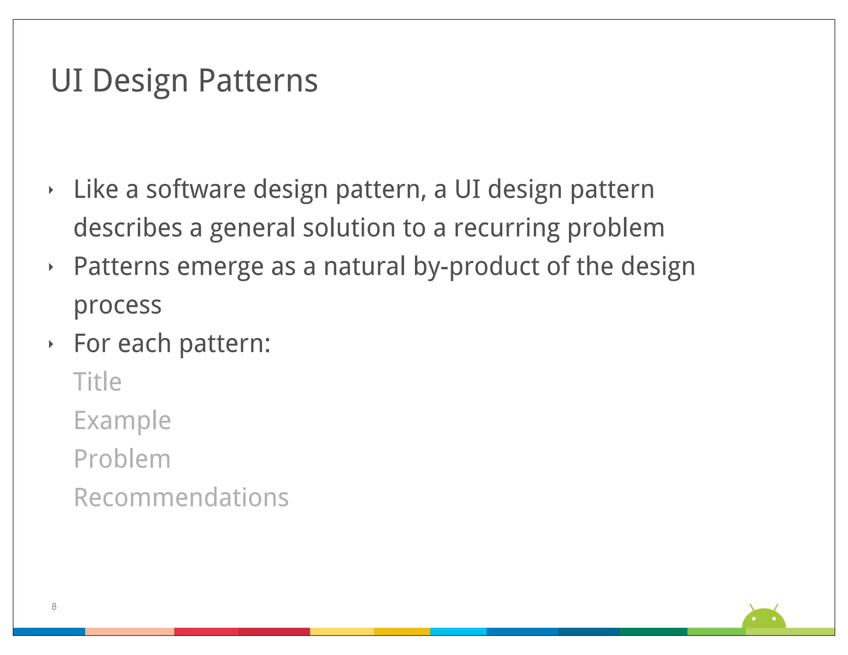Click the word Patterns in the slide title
click(258, 81)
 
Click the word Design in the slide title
click(140, 81)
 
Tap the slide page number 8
click(54, 607)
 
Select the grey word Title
click(98, 382)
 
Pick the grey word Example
click(122, 420)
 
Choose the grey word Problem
click(122, 459)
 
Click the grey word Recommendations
click(181, 497)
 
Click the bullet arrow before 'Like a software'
click(51, 190)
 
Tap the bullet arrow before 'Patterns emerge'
click(51, 267)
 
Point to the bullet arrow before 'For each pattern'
click(51, 344)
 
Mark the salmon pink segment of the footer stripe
click(129, 631)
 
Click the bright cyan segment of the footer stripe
click(458, 631)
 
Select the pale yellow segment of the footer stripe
click(342, 631)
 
